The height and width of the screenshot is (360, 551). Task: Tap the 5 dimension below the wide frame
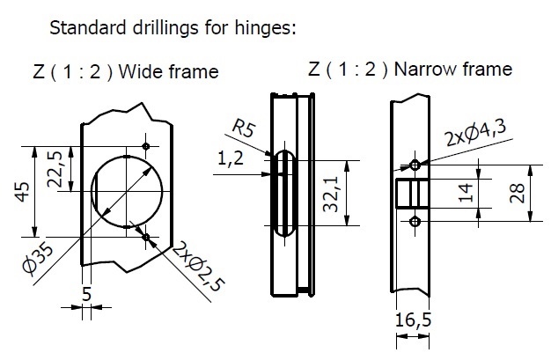point(85,294)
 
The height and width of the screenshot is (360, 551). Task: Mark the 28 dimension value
point(518,193)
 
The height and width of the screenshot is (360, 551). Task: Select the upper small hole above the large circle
point(145,146)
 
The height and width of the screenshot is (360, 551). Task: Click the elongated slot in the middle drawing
point(283,193)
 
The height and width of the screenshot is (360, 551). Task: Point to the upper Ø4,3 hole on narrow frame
point(414,165)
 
